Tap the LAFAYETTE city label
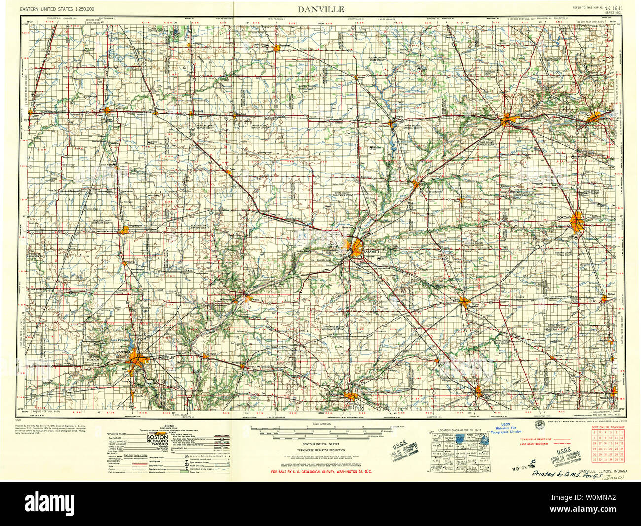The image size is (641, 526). pyautogui.click(x=372, y=252)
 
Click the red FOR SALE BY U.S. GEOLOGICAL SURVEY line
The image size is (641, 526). pyautogui.click(x=321, y=472)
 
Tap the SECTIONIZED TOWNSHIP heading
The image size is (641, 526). pyautogui.click(x=608, y=427)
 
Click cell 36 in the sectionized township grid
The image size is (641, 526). pyautogui.click(x=622, y=459)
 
